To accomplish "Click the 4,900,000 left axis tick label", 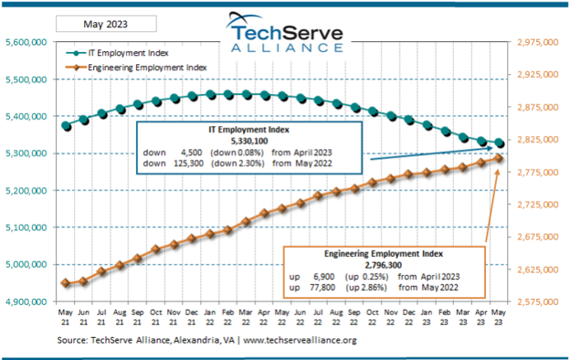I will pyautogui.click(x=27, y=302).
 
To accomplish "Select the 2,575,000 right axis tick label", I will pyautogui.click(x=538, y=302).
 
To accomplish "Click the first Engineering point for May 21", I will pyautogui.click(x=66, y=283).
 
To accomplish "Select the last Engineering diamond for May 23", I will pyautogui.click(x=500, y=158).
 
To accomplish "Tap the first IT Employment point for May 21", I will pyautogui.click(x=66, y=126).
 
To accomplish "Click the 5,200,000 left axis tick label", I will pyautogui.click(x=27, y=190).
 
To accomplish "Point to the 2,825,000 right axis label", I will pyautogui.click(x=538, y=140).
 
